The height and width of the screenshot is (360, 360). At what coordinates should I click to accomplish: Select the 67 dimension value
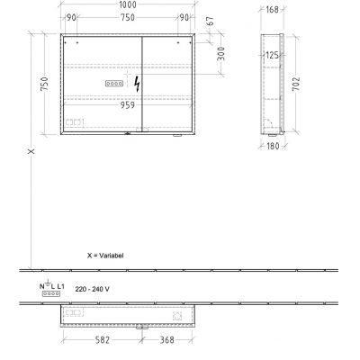[x=210, y=21]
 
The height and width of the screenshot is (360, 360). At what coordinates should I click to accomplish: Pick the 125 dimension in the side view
[x=269, y=56]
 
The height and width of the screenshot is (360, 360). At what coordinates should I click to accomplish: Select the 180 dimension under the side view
[x=273, y=147]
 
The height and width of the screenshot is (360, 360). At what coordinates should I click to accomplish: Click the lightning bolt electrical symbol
[x=137, y=83]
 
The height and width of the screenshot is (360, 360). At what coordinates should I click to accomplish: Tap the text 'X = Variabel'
[x=105, y=255]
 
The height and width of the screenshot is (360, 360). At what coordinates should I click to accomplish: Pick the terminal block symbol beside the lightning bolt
[x=114, y=83]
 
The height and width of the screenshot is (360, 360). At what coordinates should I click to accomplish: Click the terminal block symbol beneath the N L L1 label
[x=50, y=295]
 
